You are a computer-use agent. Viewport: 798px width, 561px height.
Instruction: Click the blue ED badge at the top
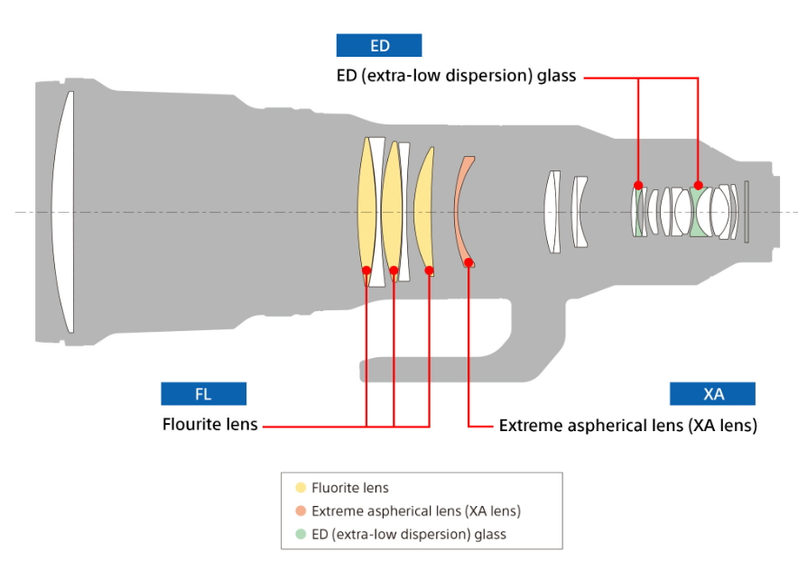click(x=379, y=46)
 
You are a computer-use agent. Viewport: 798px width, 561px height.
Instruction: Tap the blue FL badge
click(x=203, y=394)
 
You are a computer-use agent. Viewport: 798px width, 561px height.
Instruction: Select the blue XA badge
click(x=712, y=394)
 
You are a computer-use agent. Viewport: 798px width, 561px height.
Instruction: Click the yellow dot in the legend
click(x=301, y=488)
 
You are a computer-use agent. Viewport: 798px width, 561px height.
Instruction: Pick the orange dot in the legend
click(x=301, y=511)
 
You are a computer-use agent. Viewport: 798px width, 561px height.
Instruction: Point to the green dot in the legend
click(x=301, y=534)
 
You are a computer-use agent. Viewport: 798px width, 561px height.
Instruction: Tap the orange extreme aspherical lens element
click(x=462, y=212)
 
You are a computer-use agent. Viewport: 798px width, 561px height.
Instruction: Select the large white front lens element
click(x=62, y=212)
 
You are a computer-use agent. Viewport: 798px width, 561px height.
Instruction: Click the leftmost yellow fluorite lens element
click(x=367, y=207)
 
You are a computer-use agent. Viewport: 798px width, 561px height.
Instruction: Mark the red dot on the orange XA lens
click(x=469, y=262)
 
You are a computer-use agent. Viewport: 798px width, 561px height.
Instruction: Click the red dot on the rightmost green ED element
click(x=698, y=186)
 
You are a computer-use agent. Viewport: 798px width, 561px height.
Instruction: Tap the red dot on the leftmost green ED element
click(x=638, y=186)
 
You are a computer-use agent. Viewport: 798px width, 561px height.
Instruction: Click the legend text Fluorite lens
click(x=350, y=488)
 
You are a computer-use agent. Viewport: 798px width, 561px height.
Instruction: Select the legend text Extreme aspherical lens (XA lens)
click(x=416, y=511)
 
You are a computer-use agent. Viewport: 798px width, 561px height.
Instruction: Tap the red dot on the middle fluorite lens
click(x=394, y=270)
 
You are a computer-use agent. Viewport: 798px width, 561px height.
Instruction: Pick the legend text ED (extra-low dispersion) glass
click(x=409, y=534)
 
